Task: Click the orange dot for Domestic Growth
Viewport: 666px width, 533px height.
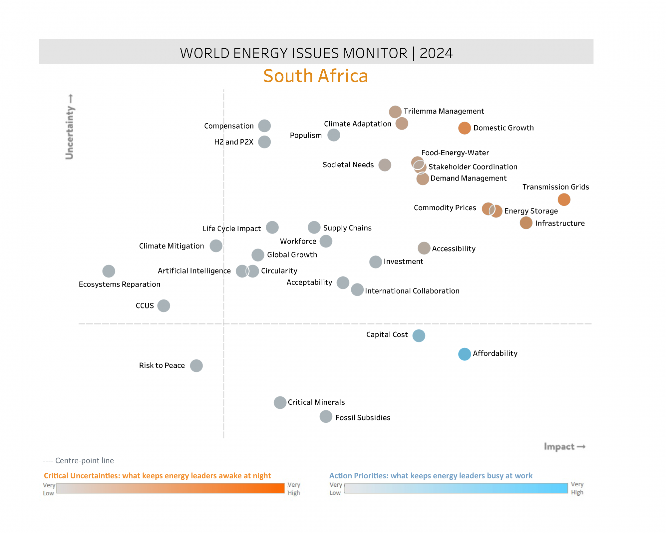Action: point(464,128)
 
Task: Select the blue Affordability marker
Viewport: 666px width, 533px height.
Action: point(464,354)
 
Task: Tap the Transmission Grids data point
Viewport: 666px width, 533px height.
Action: point(564,200)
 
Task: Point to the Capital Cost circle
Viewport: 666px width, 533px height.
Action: point(419,335)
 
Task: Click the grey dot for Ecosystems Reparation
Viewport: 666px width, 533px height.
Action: point(109,271)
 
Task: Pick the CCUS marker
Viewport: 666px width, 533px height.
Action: point(164,305)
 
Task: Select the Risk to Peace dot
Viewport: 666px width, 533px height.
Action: point(196,366)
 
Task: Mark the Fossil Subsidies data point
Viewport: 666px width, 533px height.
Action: point(326,416)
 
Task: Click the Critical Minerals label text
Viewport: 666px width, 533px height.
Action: point(316,402)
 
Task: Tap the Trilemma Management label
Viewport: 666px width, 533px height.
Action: point(444,111)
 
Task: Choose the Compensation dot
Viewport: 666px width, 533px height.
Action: point(264,126)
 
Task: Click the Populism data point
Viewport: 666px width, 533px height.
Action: point(333,135)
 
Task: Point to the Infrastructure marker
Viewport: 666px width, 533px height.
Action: point(526,223)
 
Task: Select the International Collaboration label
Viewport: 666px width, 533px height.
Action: point(412,291)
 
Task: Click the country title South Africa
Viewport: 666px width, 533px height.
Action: point(315,76)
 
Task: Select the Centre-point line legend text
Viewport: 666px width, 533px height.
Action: point(79,461)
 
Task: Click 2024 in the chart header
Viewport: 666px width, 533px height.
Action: point(436,53)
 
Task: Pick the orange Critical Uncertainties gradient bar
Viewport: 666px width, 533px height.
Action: point(170,488)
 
